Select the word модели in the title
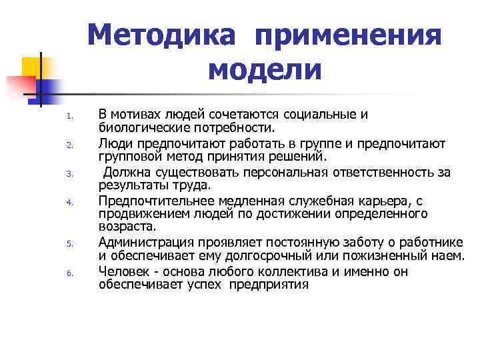point(265,69)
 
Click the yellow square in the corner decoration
point(31,66)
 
